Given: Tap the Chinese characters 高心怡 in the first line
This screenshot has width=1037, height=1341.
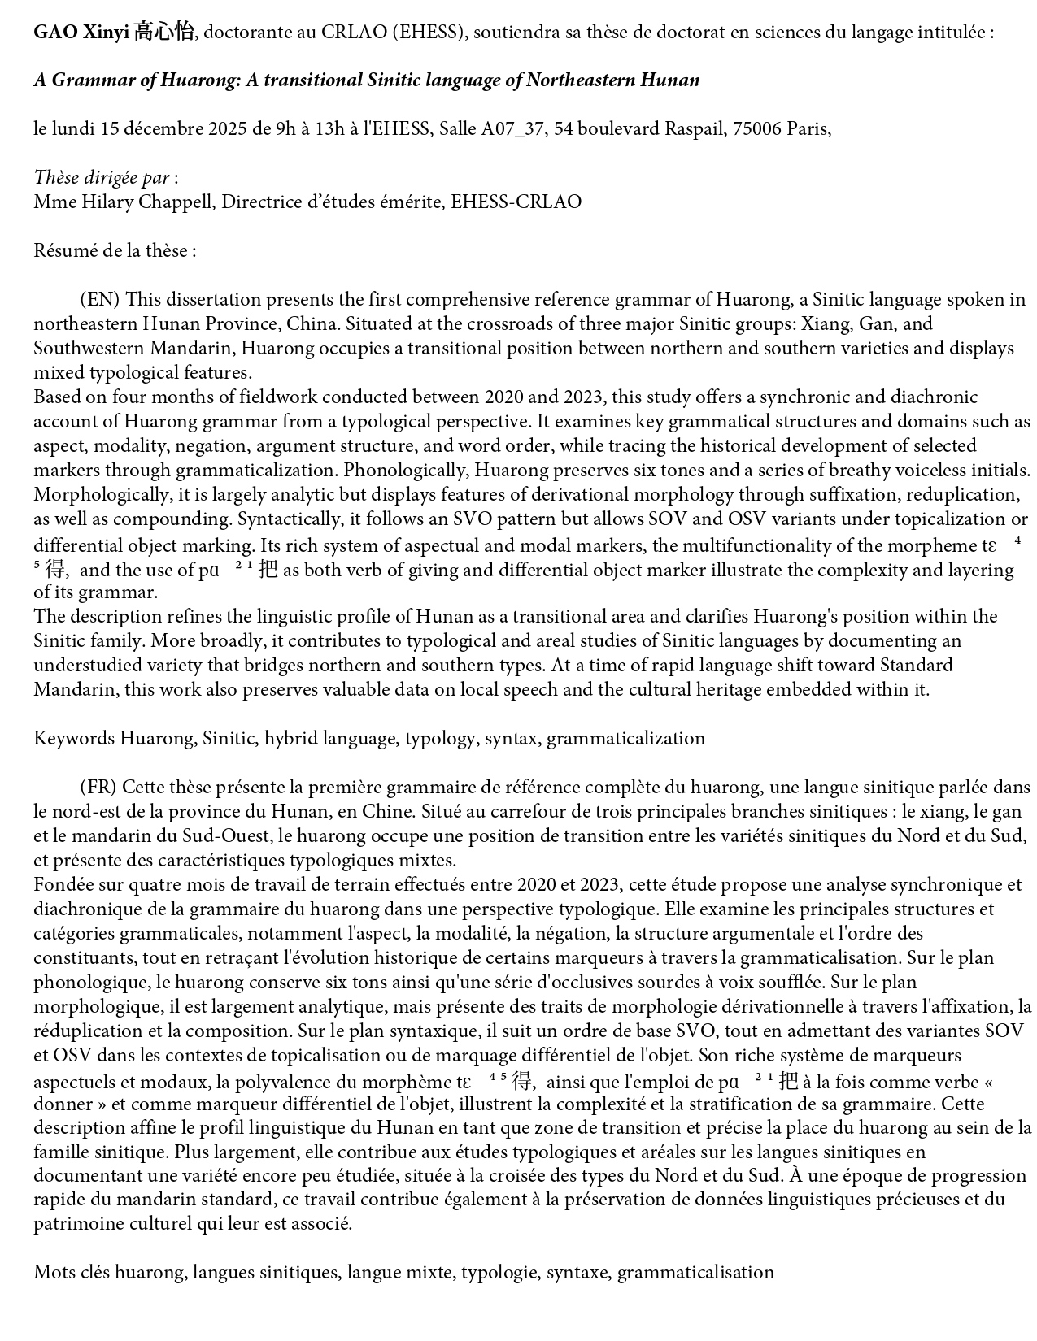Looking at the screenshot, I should point(164,33).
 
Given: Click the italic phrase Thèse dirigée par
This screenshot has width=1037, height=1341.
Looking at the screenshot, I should point(102,178).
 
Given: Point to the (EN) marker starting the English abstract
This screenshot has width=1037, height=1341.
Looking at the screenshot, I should point(99,300).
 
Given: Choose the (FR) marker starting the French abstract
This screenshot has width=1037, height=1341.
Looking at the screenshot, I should point(98,788).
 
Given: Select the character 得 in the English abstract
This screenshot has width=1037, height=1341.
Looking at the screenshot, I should point(56,570).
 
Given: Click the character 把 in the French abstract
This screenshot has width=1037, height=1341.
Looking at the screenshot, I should point(788,1082).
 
